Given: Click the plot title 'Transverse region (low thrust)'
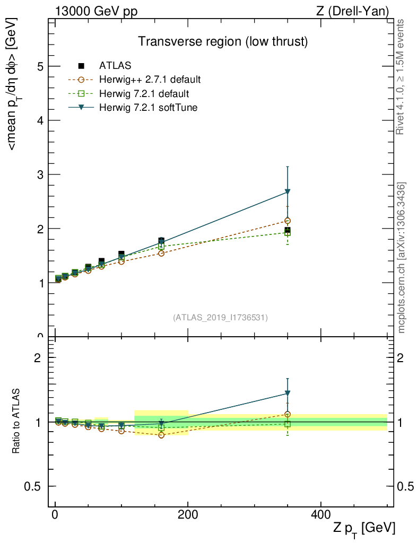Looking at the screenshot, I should pos(223,41).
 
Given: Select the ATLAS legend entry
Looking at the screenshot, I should pos(115,66).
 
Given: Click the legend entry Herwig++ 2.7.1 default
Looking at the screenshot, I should pos(150,80).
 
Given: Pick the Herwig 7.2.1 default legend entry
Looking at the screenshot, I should pos(144,94).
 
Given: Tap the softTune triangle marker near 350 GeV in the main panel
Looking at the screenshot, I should pos(288,191).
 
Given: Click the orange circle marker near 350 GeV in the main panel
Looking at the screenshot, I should pos(288,221).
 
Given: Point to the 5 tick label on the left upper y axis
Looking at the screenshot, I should pos(40,66).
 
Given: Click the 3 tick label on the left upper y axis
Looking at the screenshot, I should pos(40,174).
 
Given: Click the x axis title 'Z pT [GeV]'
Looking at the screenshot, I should pos(364,528).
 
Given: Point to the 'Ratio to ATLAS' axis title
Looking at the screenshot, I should pos(16,422).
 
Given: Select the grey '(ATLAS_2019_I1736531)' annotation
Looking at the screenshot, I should pos(220,318).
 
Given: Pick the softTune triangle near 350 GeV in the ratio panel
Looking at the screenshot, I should pos(288,393).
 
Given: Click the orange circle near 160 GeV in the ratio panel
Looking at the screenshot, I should pos(161,435).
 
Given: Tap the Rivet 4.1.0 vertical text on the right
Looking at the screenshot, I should pos(401,77).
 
